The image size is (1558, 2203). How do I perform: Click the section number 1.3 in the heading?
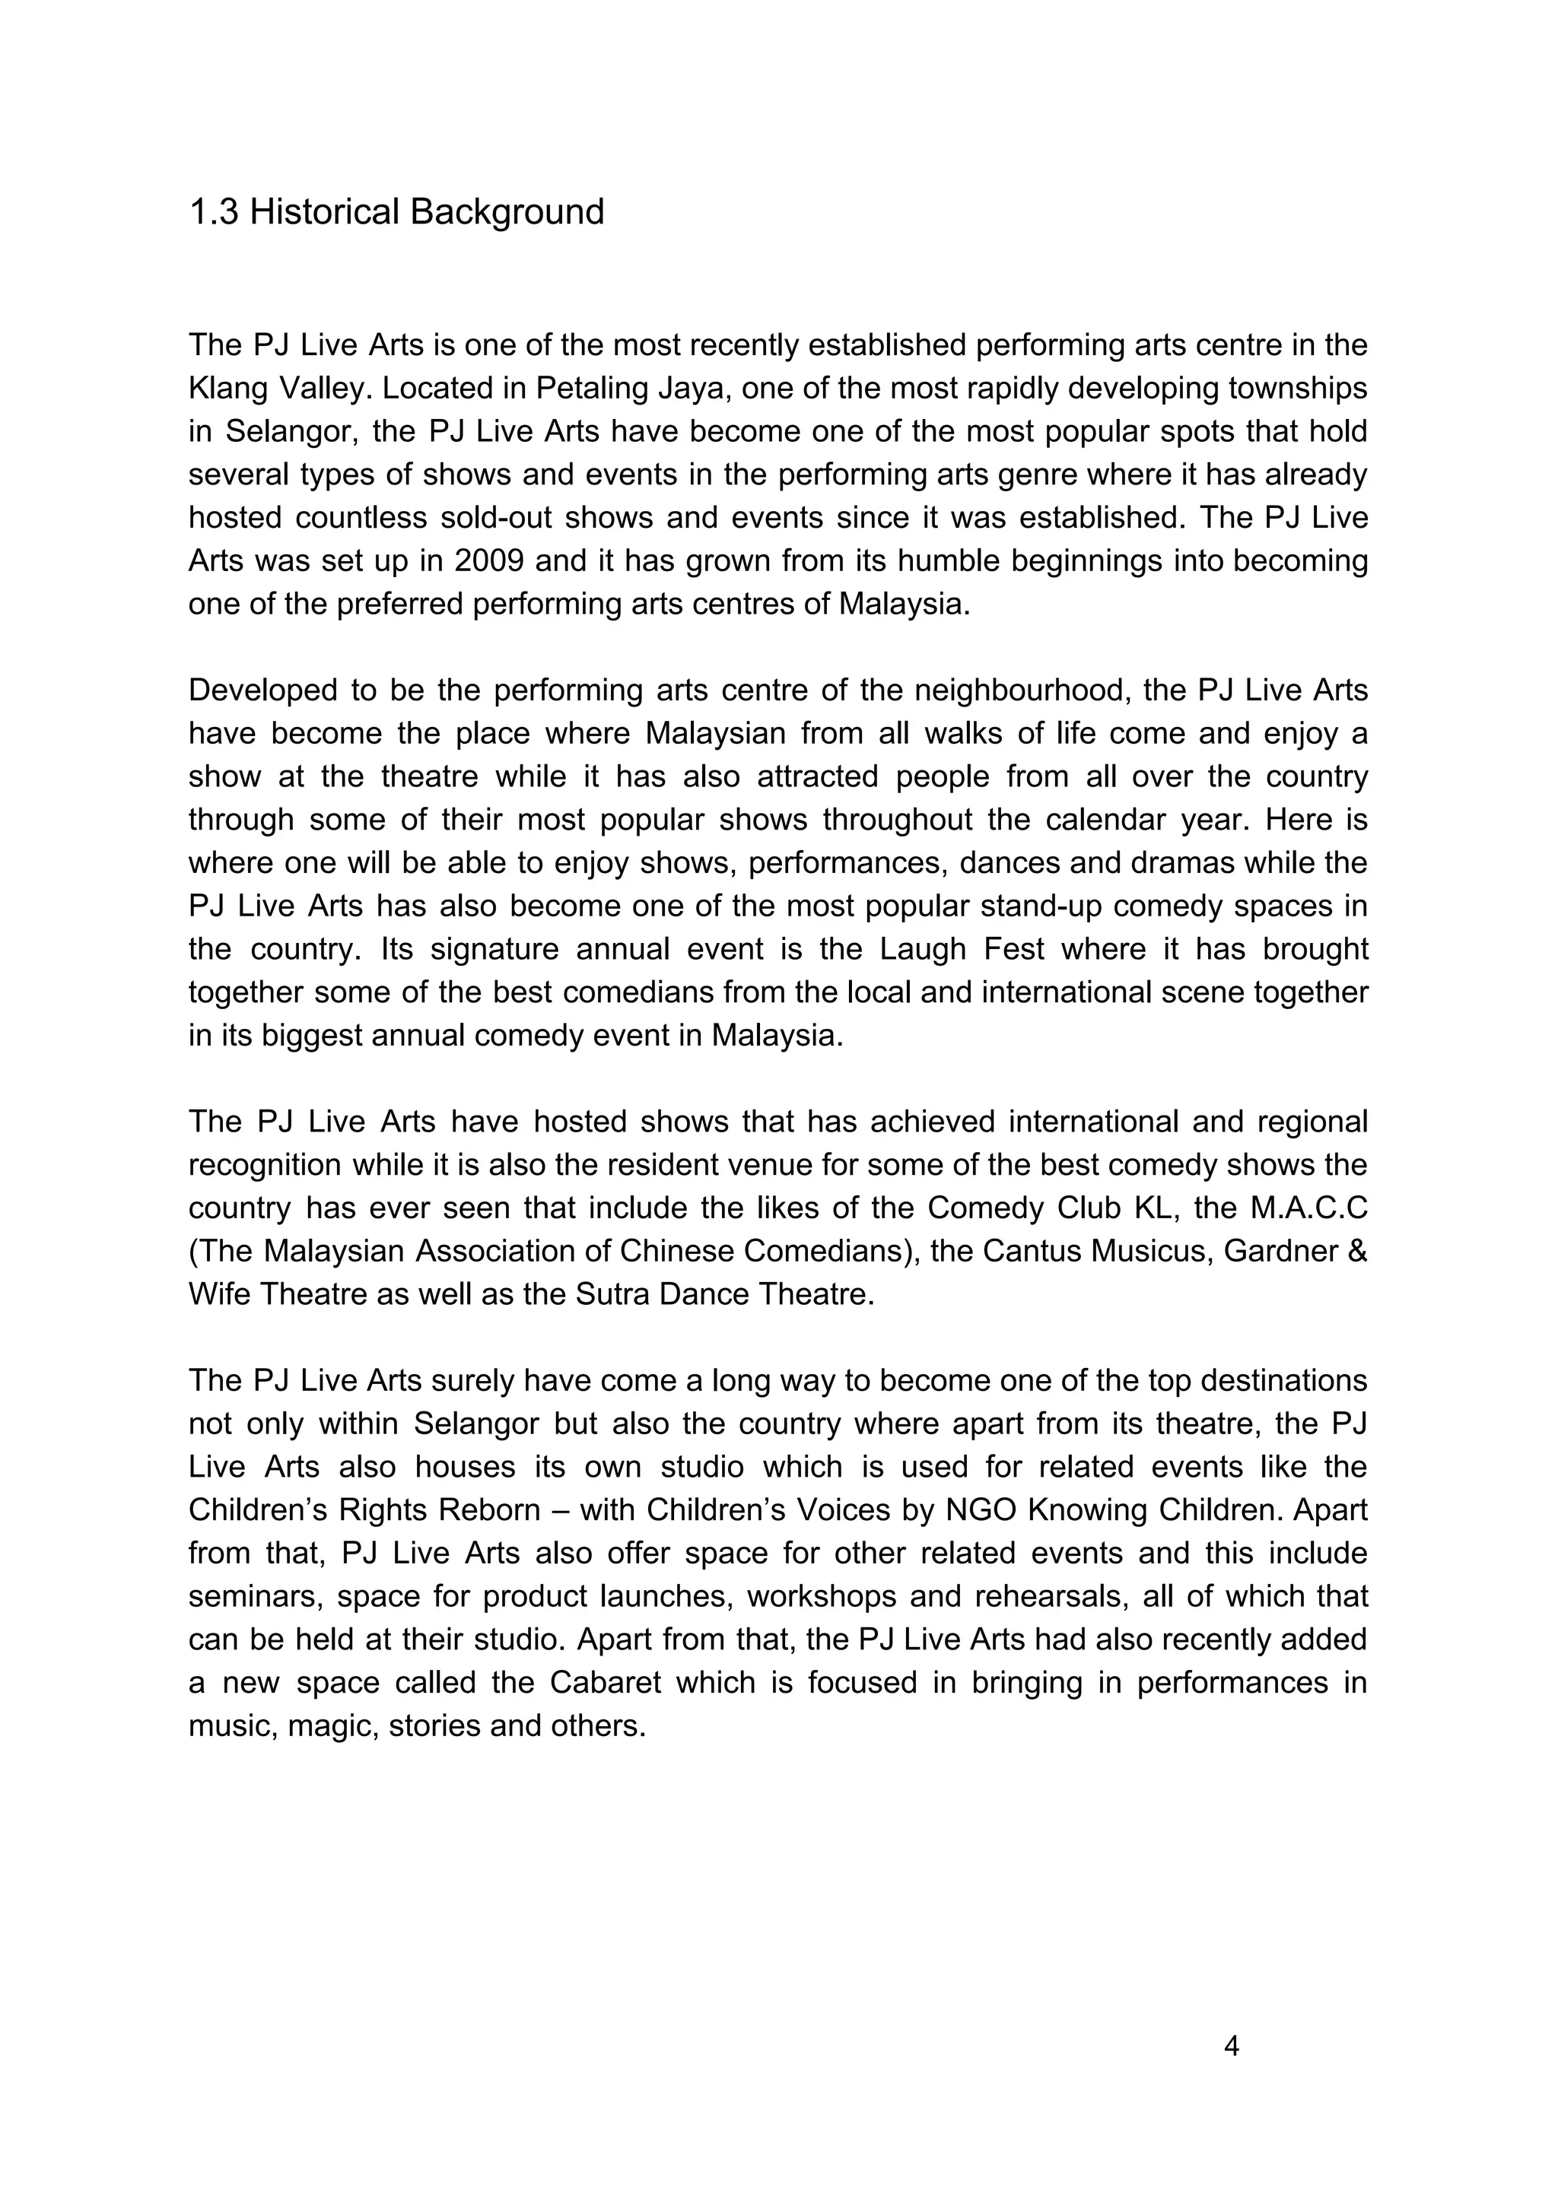(213, 212)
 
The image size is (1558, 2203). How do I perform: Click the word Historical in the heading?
(325, 212)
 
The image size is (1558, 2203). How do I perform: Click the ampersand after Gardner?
(1357, 1251)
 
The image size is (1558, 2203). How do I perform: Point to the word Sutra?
(616, 1294)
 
